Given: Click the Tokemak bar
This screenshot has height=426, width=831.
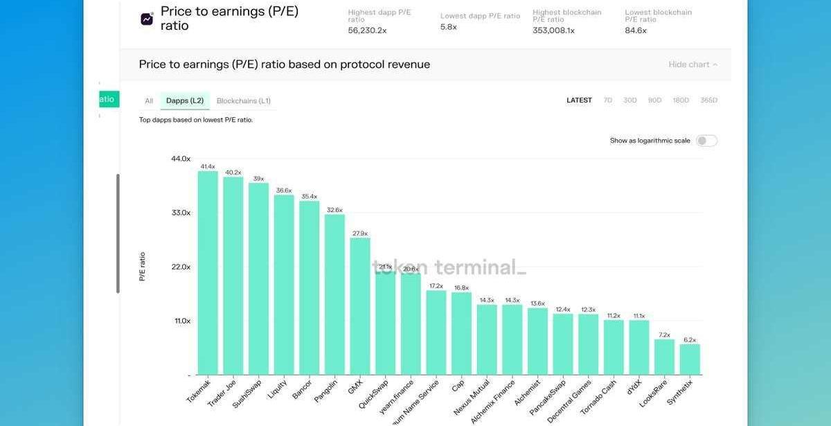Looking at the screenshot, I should click(208, 273).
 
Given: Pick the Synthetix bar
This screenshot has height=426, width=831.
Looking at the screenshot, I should click(689, 360).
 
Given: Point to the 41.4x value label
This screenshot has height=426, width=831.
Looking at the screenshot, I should click(208, 167).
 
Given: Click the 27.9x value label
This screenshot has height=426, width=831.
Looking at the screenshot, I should click(359, 234).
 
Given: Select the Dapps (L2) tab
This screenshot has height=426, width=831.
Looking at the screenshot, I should click(185, 101).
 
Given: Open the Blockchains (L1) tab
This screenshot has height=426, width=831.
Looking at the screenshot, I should click(243, 101).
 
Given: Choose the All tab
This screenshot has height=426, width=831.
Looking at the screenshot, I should click(149, 101).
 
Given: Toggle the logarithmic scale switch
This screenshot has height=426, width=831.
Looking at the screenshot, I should click(706, 141).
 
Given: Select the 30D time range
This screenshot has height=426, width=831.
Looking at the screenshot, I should click(629, 100).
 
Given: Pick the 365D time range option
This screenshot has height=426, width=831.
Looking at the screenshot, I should click(708, 100).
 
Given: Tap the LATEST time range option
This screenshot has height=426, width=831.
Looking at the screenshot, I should click(579, 100).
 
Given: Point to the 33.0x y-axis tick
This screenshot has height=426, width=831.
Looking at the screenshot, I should click(181, 213).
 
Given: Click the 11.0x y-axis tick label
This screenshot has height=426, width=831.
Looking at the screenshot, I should click(182, 321).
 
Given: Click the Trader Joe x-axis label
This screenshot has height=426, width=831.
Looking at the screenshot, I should click(222, 393).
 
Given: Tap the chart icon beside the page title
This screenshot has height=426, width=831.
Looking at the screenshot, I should click(147, 19).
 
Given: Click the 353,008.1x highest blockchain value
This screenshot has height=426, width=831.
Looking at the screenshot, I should click(553, 30).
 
